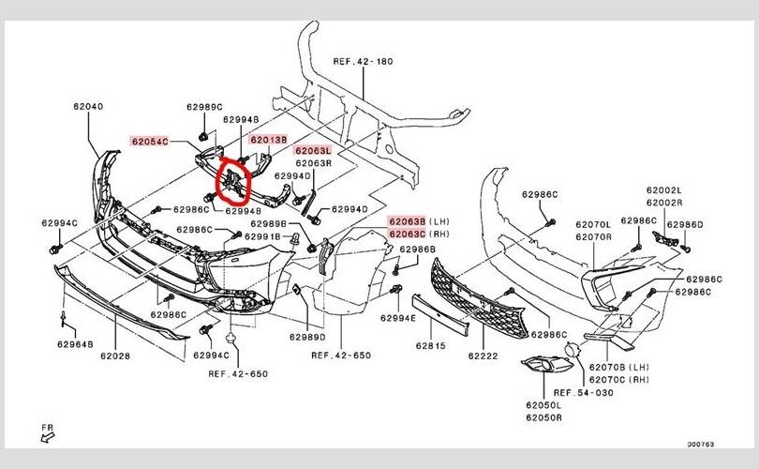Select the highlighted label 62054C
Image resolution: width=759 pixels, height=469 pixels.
pyautogui.click(x=150, y=142)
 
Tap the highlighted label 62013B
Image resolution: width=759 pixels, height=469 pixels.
pyautogui.click(x=268, y=140)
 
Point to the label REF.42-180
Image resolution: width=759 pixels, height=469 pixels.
pyautogui.click(x=364, y=63)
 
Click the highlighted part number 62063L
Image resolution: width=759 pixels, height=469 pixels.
pyautogui.click(x=313, y=150)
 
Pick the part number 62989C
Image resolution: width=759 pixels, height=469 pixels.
pyautogui.click(x=203, y=107)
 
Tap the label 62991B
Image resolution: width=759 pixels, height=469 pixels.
pyautogui.click(x=262, y=237)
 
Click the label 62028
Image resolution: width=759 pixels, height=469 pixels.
pyautogui.click(x=116, y=356)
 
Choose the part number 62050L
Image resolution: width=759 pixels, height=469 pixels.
pyautogui.click(x=543, y=406)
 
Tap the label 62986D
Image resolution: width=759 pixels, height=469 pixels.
pyautogui.click(x=684, y=225)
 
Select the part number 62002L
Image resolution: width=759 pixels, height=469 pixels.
pyautogui.click(x=663, y=190)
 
